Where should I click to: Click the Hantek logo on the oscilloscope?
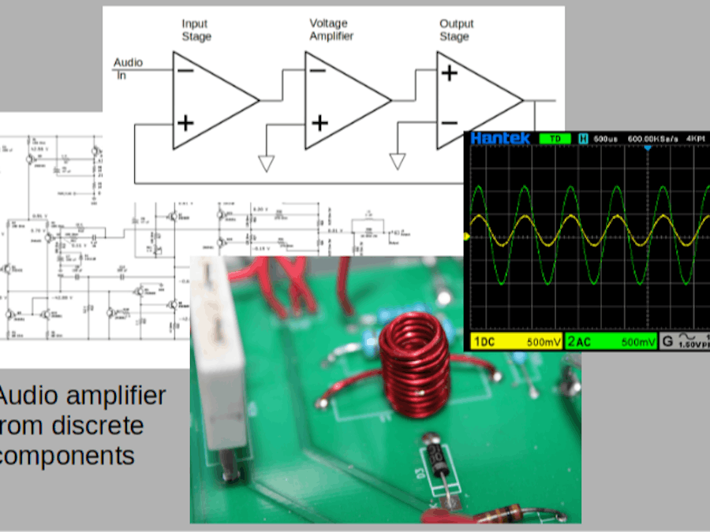coord(500,139)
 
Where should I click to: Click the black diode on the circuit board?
coord(435,459)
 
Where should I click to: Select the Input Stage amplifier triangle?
coord(209,100)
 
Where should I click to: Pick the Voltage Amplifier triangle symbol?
coord(342,100)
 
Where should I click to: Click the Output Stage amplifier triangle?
coord(473,100)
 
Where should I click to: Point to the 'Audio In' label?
coord(128,69)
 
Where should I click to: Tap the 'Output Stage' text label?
coord(457,30)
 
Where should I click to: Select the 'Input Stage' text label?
coord(196,30)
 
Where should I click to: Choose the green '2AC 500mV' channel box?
coord(611,342)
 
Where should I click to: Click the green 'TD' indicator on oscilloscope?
coord(555,139)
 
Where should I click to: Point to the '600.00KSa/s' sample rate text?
coord(653,139)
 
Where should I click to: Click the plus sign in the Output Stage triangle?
coord(449,73)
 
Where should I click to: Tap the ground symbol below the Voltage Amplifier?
coord(267,162)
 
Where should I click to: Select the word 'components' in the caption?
coord(67,456)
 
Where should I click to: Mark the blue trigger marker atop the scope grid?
coord(648,148)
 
